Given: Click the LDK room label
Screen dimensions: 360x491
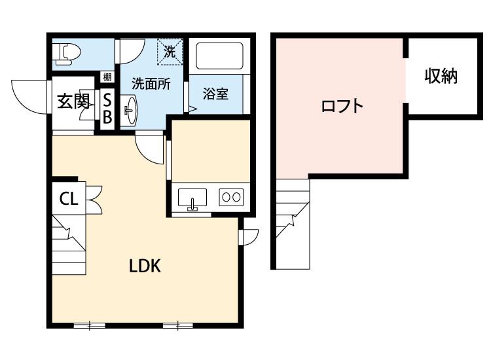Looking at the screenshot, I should click(x=145, y=266).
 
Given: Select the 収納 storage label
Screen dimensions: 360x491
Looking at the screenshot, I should click(x=440, y=77).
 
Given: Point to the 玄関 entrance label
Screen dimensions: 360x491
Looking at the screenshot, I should click(x=73, y=102).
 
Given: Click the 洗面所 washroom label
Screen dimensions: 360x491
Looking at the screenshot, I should click(x=151, y=84).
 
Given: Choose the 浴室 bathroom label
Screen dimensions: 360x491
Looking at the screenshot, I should click(x=215, y=94).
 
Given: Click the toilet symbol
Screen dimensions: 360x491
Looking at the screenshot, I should click(x=67, y=52).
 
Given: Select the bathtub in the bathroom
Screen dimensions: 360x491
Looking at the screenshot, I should click(x=219, y=57).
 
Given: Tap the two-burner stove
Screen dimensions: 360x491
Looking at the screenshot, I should click(x=230, y=196).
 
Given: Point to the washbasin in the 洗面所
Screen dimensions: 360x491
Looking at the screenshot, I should click(x=130, y=111).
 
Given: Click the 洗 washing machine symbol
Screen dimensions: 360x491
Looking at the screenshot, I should click(x=169, y=52).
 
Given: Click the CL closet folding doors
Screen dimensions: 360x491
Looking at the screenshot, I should click(x=92, y=199).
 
